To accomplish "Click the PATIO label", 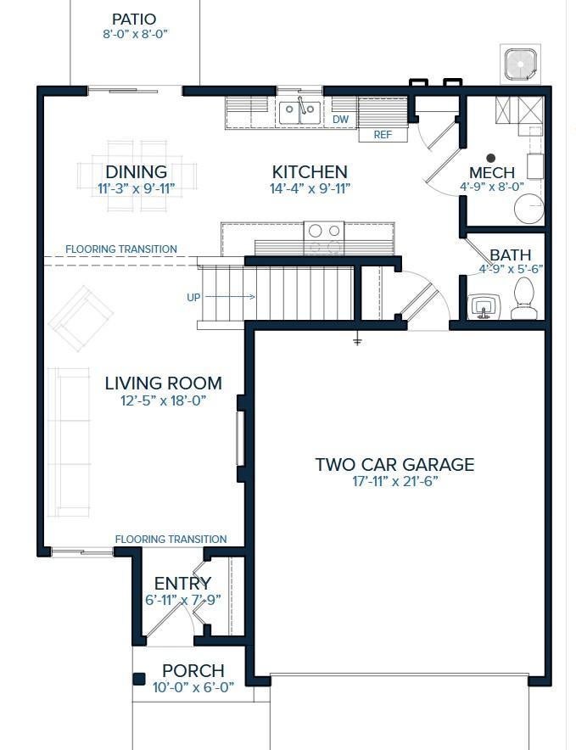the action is tap(134, 20).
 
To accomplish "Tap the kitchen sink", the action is tap(300, 113).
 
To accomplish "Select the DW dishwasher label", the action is tap(341, 119).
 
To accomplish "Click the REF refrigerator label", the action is tap(383, 135).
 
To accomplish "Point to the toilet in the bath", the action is tap(523, 299).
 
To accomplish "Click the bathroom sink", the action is tap(484, 306).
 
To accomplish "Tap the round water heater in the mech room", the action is tap(528, 209).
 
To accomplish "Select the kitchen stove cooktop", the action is tap(324, 238).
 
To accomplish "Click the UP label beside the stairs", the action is tap(193, 298).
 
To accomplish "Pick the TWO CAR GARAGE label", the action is tap(394, 464).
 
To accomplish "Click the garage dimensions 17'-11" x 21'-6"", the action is tap(395, 481).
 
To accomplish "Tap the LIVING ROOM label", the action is tap(163, 383).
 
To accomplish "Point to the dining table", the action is tap(137, 176).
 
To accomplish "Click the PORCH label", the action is tap(193, 670).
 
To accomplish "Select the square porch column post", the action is tap(139, 680).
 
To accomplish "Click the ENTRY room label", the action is tap(182, 584).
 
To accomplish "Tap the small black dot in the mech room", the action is tap(491, 158).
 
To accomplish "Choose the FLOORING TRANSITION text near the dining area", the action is tap(121, 249).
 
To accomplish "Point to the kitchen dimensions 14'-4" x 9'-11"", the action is tap(310, 188).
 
